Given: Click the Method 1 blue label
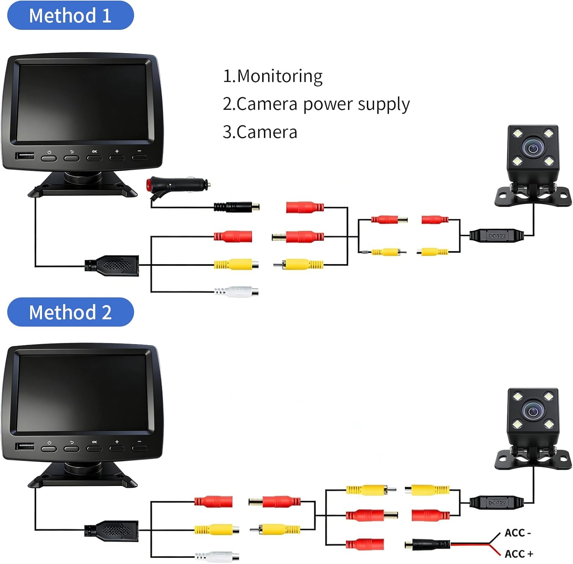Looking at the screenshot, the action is pyautogui.click(x=71, y=15).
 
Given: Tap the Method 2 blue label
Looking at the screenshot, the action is pyautogui.click(x=71, y=312).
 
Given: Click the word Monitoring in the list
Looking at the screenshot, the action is pyautogui.click(x=280, y=77).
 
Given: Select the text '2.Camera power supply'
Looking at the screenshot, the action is pyautogui.click(x=316, y=104).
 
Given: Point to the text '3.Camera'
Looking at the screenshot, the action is pyautogui.click(x=260, y=132).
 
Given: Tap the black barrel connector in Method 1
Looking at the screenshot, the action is pyautogui.click(x=236, y=207).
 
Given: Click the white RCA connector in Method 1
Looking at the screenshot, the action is pyautogui.click(x=236, y=292).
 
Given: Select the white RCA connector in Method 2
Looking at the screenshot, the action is pyautogui.click(x=217, y=556).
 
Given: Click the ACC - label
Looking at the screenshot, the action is pyautogui.click(x=518, y=533).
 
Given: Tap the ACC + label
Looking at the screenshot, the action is pyautogui.click(x=519, y=554).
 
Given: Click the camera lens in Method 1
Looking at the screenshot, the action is pyautogui.click(x=533, y=148).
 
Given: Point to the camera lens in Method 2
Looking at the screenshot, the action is pyautogui.click(x=533, y=411).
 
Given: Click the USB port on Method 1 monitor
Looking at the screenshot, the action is pyautogui.click(x=25, y=156).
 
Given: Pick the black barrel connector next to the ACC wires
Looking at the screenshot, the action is pyautogui.click(x=427, y=544).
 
